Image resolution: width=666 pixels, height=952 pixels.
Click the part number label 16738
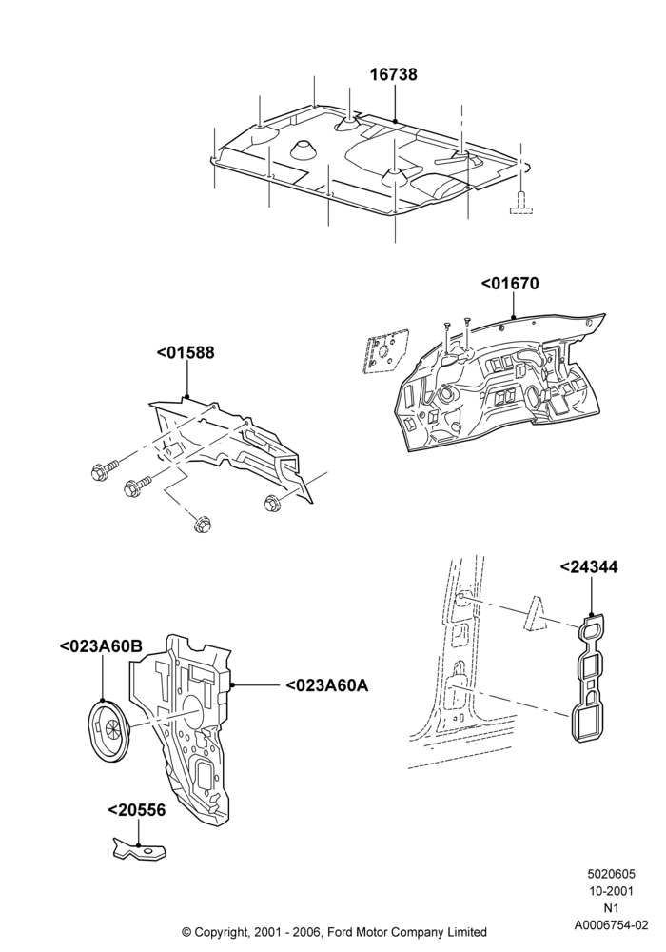(394, 74)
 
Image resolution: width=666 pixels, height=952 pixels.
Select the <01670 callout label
(510, 284)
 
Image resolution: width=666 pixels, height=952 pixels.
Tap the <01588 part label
(186, 353)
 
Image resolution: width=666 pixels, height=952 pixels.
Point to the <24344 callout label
(588, 567)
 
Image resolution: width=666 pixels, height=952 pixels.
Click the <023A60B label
(101, 646)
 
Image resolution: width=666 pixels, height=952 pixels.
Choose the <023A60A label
(327, 685)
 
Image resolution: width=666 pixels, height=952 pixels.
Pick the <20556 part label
(136, 810)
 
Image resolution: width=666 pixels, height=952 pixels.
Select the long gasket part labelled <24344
(589, 677)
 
